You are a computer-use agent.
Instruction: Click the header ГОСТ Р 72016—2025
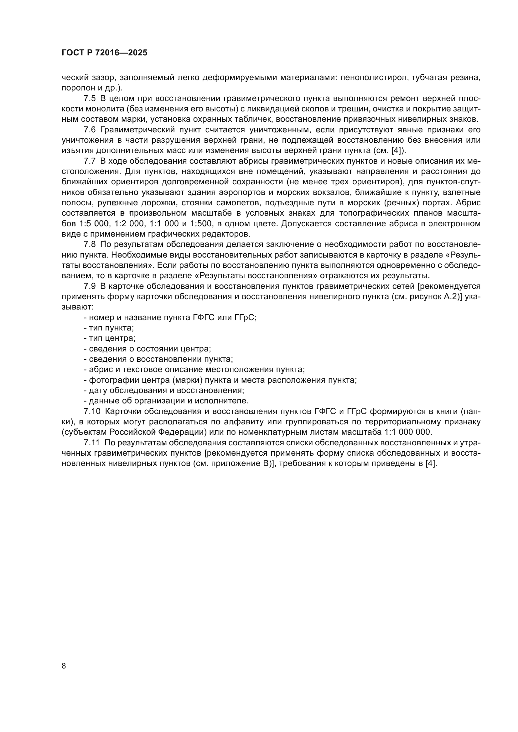(x=104, y=53)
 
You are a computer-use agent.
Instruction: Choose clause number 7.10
(x=91, y=412)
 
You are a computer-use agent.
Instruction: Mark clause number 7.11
(x=91, y=443)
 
